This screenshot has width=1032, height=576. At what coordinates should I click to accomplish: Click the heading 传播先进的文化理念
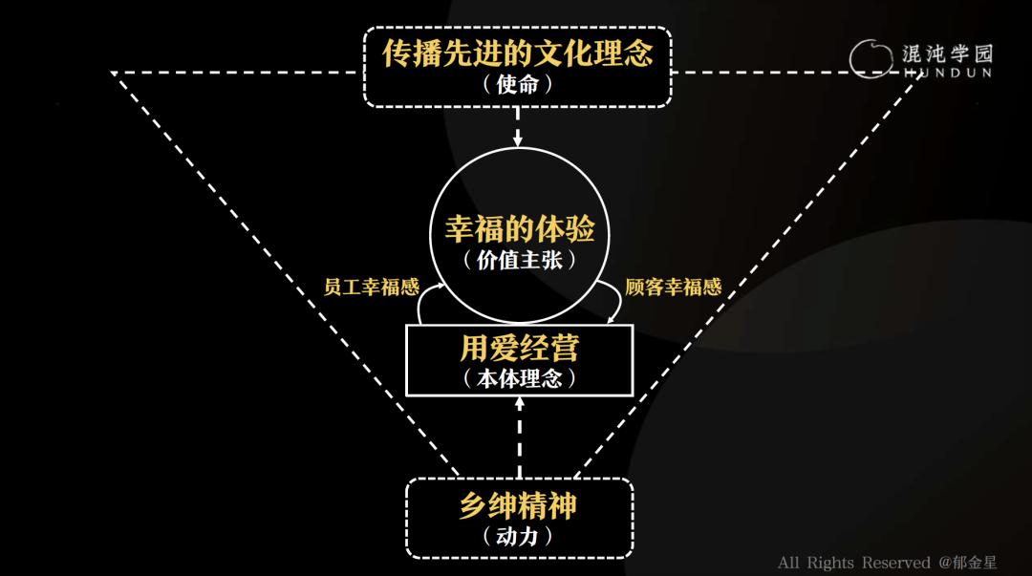tap(517, 53)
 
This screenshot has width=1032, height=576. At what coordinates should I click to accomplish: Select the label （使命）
tap(517, 84)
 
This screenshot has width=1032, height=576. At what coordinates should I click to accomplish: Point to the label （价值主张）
tap(519, 260)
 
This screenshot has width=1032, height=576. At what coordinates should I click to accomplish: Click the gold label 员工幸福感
tap(371, 287)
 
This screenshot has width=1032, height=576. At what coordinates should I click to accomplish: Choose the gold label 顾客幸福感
tap(674, 287)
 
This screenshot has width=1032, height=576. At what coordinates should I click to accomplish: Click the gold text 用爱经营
tap(519, 349)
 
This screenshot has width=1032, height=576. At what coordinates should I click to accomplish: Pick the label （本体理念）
tap(519, 378)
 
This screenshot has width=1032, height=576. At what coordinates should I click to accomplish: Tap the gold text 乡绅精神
tap(518, 505)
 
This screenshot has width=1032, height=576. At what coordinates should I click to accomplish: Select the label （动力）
tap(517, 537)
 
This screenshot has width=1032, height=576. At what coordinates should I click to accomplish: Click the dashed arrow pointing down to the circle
tap(518, 126)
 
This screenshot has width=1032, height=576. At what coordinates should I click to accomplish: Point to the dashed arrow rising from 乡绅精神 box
tap(519, 437)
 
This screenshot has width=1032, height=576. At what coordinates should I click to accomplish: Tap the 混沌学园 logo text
tap(948, 53)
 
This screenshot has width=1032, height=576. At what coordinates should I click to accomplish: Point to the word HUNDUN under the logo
tap(948, 73)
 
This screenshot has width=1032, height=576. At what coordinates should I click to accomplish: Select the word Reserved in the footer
tap(895, 563)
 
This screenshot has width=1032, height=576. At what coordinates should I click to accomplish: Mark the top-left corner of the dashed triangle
tap(112, 73)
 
